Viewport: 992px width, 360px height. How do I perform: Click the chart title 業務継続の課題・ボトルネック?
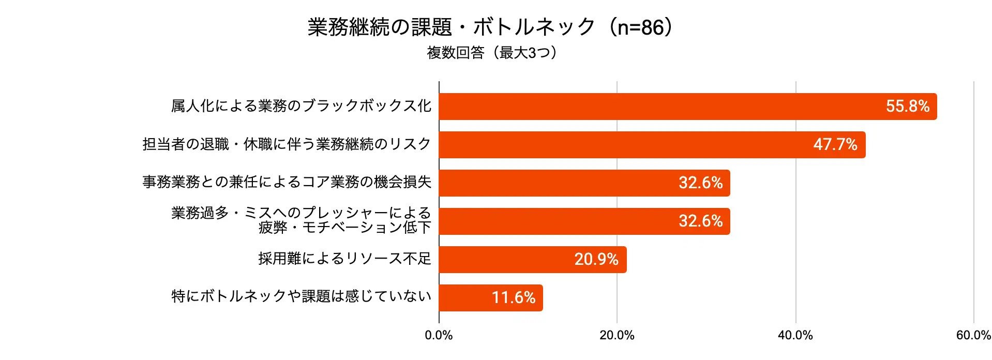point(452,27)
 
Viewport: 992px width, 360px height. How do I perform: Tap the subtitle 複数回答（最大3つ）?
point(492,53)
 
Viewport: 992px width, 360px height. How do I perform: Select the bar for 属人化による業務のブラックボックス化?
point(688,107)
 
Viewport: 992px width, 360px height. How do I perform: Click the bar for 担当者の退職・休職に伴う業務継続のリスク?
point(652,145)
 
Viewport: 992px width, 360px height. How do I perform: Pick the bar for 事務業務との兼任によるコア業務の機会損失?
point(584,183)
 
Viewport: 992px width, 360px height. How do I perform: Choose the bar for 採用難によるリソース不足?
point(533,260)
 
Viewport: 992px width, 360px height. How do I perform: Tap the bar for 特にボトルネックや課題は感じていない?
point(491,298)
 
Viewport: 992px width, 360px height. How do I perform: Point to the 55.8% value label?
point(908,107)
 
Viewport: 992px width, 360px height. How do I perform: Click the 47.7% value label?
point(835,145)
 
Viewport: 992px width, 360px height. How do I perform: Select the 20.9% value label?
point(596,260)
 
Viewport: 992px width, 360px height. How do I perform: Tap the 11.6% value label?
point(514,298)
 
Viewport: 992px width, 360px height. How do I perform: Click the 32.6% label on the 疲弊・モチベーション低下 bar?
point(701,221)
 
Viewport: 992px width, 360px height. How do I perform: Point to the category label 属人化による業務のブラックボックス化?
point(301,106)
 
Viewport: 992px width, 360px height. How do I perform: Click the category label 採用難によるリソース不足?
point(345,259)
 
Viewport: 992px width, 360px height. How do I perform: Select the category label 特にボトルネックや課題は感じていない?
point(301,296)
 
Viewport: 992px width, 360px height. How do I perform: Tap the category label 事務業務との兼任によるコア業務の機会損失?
point(287,182)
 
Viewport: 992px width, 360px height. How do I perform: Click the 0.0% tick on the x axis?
point(439,336)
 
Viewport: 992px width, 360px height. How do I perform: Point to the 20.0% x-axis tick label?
point(617,336)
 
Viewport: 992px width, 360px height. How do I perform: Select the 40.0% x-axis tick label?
point(795,336)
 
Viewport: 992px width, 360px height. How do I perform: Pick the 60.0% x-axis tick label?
point(974,336)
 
